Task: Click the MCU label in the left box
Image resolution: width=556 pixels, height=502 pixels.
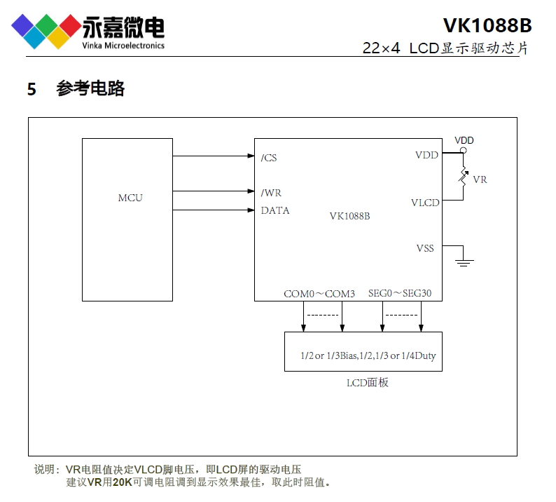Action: click(x=130, y=198)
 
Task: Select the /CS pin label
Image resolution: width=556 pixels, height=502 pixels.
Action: click(x=269, y=158)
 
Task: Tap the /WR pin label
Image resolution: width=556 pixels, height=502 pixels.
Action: click(x=271, y=193)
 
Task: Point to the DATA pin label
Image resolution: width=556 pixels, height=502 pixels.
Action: click(x=275, y=210)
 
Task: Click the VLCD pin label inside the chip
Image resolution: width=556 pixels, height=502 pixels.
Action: click(x=425, y=203)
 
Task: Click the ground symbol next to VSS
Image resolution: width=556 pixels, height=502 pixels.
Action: click(x=463, y=262)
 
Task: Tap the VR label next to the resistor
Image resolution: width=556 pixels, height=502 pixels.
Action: click(x=480, y=179)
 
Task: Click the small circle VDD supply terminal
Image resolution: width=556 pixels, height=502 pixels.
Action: click(x=463, y=150)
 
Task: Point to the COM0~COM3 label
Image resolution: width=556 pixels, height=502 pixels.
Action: click(x=319, y=294)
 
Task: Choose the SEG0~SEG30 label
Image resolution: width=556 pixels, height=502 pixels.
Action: click(x=405, y=294)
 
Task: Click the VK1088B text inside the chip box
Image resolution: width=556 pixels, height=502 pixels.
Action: click(x=349, y=216)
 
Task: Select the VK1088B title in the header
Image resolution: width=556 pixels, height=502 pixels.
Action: click(x=487, y=25)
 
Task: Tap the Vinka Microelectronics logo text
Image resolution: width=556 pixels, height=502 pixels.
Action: click(x=123, y=46)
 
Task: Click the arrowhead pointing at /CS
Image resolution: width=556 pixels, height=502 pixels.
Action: click(x=250, y=156)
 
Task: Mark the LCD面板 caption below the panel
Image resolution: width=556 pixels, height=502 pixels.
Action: click(x=368, y=382)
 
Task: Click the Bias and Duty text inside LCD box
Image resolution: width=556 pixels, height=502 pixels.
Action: click(x=368, y=355)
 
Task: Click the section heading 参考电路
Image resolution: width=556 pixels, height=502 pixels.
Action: click(x=90, y=89)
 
